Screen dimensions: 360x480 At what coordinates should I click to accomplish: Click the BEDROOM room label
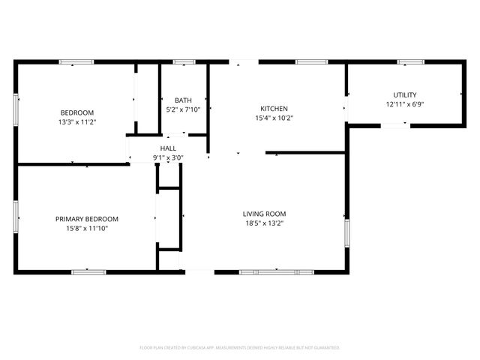76,112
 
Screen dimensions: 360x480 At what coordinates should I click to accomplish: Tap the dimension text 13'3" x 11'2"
76,121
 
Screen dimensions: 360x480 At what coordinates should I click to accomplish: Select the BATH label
183,100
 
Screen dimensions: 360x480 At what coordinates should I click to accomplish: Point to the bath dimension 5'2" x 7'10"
183,109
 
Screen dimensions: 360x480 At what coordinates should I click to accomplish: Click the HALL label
168,148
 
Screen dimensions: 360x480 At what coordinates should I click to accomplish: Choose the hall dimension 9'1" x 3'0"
168,157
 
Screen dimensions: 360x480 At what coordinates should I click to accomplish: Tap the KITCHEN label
274,109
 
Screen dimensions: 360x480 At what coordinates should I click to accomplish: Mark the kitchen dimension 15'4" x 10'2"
274,118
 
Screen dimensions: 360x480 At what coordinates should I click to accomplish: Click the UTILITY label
405,95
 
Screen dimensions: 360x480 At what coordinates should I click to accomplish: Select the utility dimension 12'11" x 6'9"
405,104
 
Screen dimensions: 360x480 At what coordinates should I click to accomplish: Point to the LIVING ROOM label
265,214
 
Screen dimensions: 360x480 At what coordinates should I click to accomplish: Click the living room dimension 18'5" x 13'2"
265,223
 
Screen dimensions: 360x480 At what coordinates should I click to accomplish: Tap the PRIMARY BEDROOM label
87,219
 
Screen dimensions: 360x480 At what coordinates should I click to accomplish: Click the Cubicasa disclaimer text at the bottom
240,348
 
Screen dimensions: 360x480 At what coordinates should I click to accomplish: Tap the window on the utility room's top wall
410,61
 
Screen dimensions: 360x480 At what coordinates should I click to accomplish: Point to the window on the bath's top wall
184,61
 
